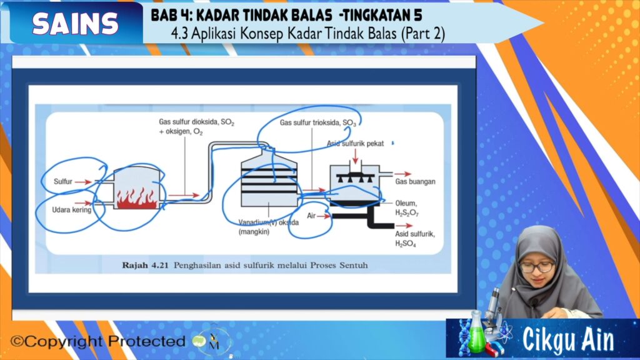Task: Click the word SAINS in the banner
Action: tap(75, 23)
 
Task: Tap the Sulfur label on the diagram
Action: tap(63, 182)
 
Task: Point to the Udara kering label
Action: tap(72, 210)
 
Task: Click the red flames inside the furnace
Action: tap(137, 198)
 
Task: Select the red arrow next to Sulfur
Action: tap(83, 182)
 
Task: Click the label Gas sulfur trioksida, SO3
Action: tap(318, 123)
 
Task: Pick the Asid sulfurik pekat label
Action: tap(355, 144)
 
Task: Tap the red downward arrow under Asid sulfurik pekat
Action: tap(355, 156)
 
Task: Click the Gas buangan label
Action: tap(415, 182)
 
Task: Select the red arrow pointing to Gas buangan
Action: tap(402, 174)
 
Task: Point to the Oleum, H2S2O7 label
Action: tap(406, 208)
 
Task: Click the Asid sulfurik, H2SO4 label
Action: tap(415, 239)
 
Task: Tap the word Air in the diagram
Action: tap(311, 216)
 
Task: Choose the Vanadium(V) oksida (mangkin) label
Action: tap(269, 227)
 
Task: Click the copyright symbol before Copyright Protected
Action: tap(17, 341)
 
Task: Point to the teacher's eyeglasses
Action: tap(537, 267)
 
